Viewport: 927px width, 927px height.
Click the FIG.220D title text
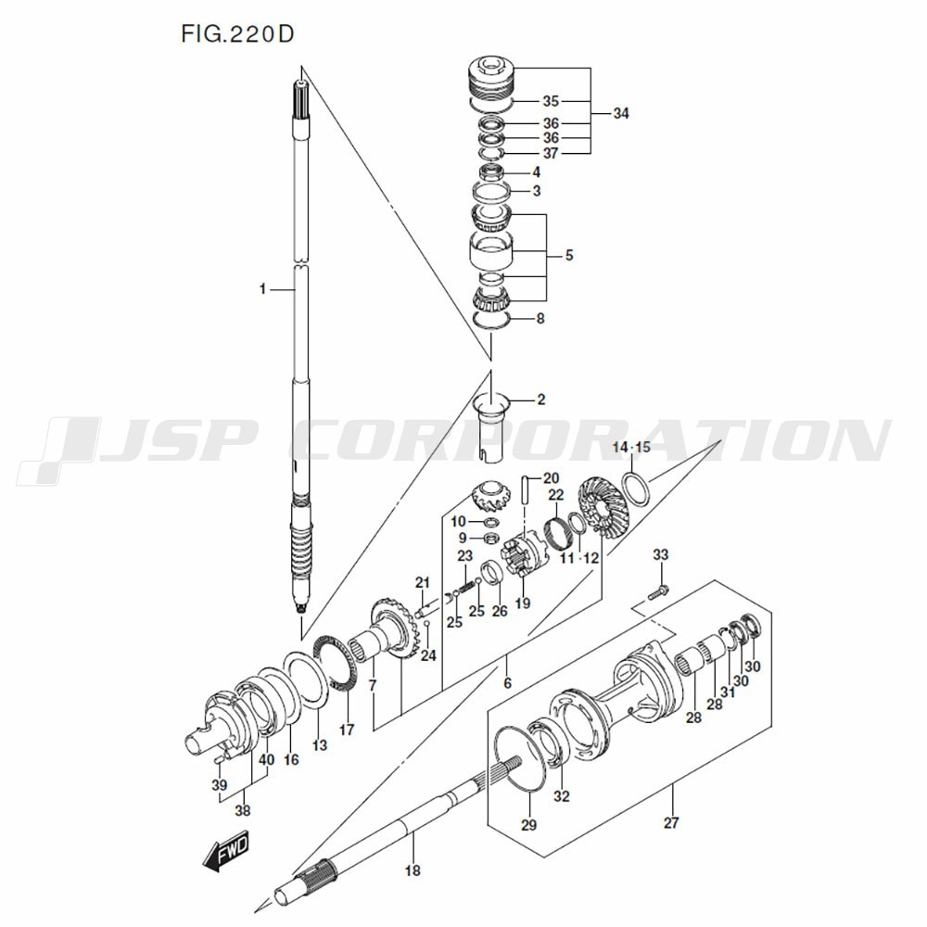point(237,34)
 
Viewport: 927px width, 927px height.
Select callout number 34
point(621,113)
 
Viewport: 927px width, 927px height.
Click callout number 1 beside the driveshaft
point(262,289)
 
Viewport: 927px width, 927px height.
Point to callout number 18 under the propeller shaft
point(413,870)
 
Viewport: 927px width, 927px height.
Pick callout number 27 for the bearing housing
point(671,822)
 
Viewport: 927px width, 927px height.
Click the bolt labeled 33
point(658,591)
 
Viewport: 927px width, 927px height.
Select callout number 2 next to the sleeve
point(541,400)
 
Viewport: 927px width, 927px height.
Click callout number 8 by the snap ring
point(540,319)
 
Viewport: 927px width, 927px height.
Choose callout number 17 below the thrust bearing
point(347,730)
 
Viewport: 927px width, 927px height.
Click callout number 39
point(220,785)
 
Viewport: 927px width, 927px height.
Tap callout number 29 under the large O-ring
point(528,824)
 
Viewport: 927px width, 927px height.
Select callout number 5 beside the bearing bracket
point(569,256)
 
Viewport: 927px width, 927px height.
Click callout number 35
point(551,101)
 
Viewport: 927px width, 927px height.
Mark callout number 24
point(428,655)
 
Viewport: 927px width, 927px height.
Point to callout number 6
point(507,683)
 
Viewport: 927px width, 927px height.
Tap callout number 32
point(562,795)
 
